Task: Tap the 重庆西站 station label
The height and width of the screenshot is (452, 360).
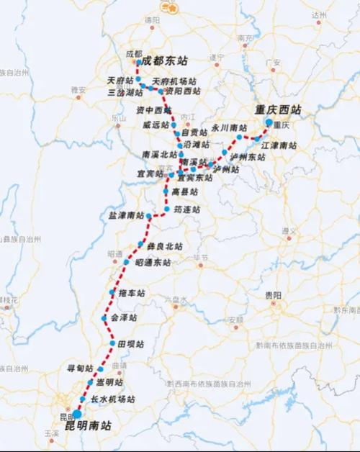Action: [279, 110]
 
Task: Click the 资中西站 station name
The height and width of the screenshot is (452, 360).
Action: [154, 110]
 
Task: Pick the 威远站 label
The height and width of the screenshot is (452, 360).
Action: [156, 124]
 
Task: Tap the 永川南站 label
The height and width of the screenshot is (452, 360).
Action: [229, 127]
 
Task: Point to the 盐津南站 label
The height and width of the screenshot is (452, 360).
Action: [126, 215]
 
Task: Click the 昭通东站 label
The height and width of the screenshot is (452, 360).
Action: [153, 263]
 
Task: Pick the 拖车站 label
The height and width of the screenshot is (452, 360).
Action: [132, 293]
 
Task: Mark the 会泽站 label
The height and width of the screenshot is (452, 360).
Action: [124, 317]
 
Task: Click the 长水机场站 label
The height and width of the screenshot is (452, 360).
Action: [112, 399]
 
